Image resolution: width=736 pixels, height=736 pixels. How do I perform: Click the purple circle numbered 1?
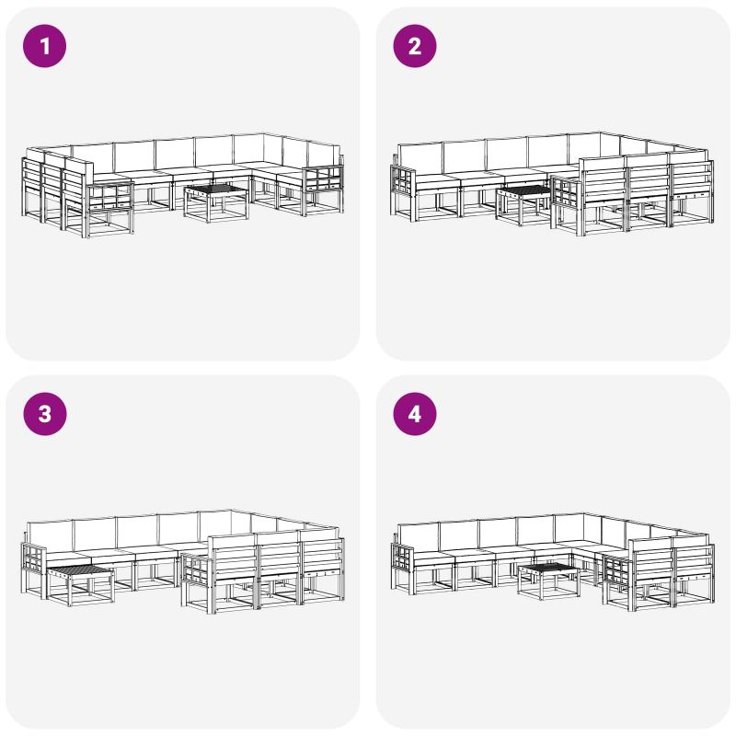point(44,46)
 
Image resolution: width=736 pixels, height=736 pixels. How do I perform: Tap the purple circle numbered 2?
point(415,46)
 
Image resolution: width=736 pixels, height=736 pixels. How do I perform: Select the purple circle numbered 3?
point(44,414)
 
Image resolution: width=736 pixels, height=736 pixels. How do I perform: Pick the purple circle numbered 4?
point(415,414)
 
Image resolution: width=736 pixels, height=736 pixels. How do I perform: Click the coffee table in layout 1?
point(216,203)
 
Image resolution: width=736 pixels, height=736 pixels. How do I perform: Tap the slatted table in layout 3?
point(81,586)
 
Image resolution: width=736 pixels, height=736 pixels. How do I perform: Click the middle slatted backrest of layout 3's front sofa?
point(280,556)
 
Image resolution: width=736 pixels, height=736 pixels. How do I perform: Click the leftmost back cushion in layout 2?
point(420,158)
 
